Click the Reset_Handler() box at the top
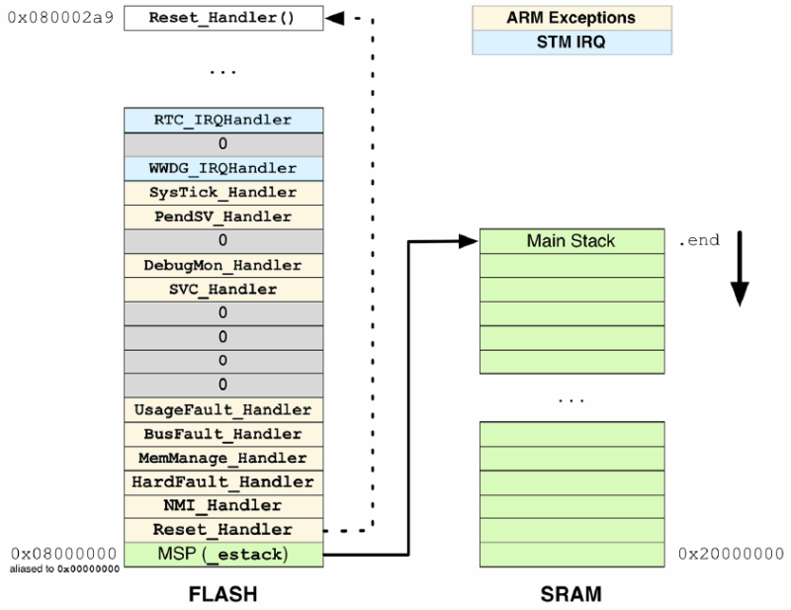click(222, 19)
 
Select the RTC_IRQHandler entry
click(222, 120)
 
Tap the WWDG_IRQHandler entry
click(222, 168)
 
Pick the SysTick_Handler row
click(222, 192)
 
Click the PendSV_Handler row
click(222, 217)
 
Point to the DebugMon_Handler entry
click(222, 265)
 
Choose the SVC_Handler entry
click(222, 289)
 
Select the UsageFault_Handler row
click(222, 409)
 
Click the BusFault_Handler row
click(222, 434)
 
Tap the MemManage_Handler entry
click(222, 458)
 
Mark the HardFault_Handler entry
click(222, 482)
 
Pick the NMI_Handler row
click(222, 506)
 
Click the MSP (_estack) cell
click(222, 555)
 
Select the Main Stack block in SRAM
click(571, 241)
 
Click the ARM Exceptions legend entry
click(571, 18)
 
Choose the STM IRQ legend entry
click(571, 43)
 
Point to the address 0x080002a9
click(59, 19)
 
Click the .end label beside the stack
click(698, 240)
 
